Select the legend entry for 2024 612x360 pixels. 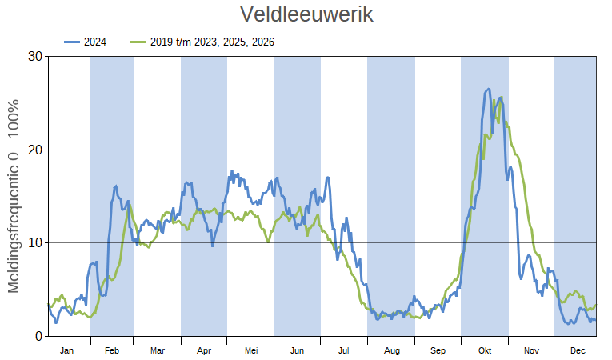[x=95, y=42]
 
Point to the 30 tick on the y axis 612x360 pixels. [x=34, y=57]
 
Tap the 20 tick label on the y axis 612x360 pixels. [x=34, y=150]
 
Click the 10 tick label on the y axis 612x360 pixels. [x=34, y=242]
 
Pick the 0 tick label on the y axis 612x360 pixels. [x=38, y=336]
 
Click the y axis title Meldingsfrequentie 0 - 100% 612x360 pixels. [x=14, y=196]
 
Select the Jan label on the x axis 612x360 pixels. [x=67, y=350]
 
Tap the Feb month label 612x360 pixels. [x=112, y=350]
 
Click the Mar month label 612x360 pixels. [x=158, y=350]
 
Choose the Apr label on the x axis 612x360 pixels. [x=204, y=350]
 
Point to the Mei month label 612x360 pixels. [x=250, y=350]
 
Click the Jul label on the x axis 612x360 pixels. [x=344, y=350]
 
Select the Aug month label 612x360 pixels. [x=391, y=350]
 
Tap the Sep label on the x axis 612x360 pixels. [x=438, y=350]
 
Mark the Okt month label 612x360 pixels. [x=485, y=350]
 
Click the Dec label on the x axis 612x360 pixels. [x=578, y=350]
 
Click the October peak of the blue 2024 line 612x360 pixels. [x=488, y=90]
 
